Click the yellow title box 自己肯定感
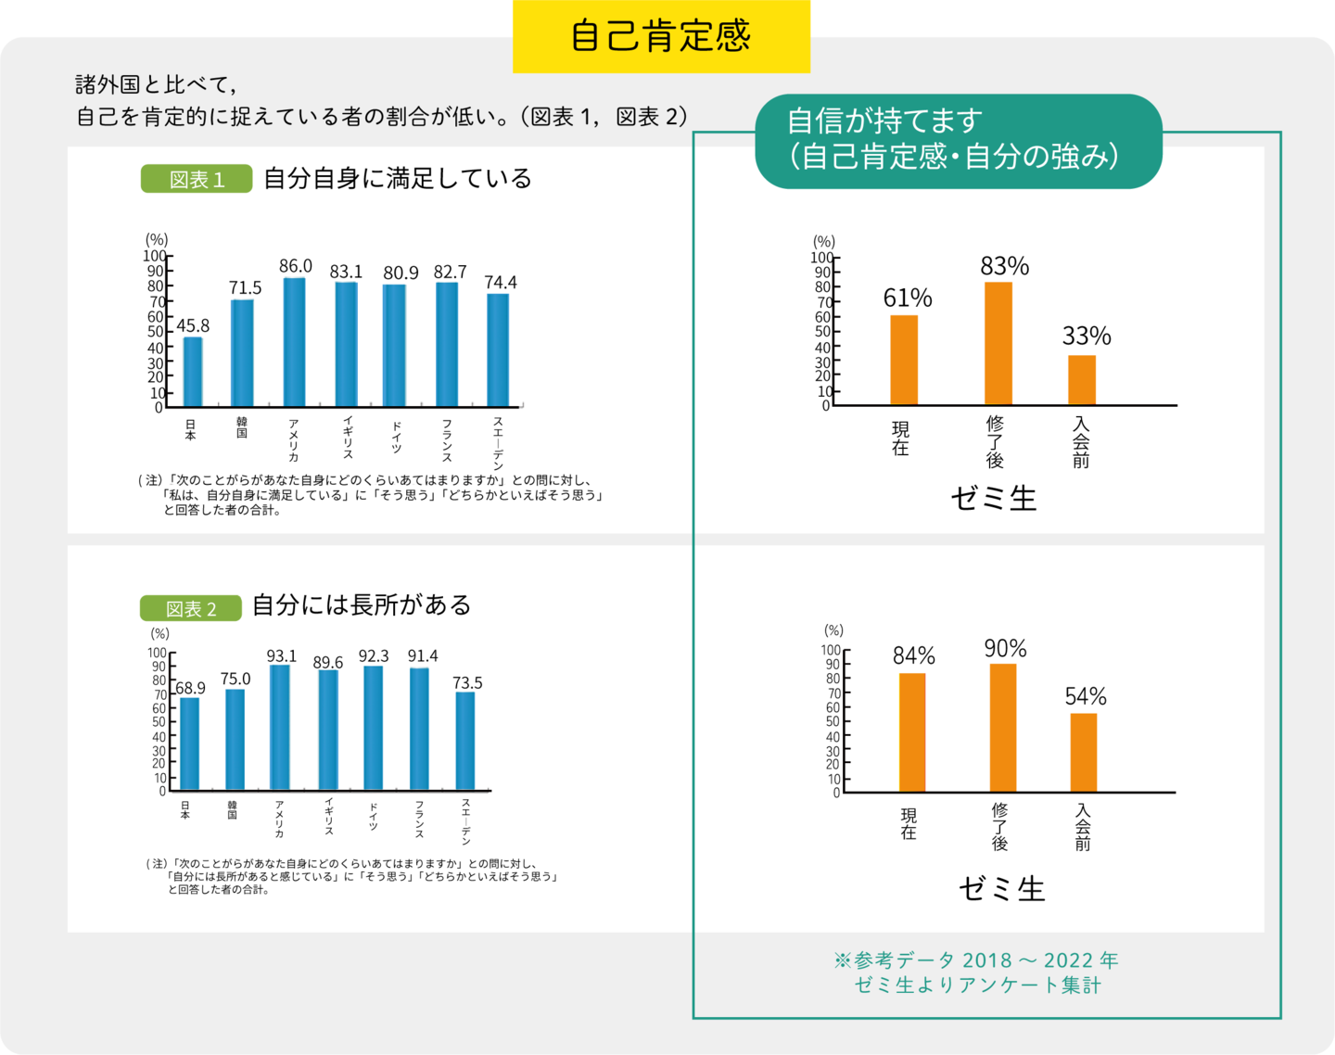[x=661, y=36]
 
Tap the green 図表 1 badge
[x=197, y=179]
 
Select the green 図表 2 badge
[x=191, y=608]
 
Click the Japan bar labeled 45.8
[x=193, y=371]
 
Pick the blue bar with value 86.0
[x=295, y=341]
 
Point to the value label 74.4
[x=501, y=282]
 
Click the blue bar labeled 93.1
[x=280, y=727]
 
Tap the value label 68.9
[x=190, y=688]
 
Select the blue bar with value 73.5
[x=465, y=741]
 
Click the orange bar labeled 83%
[x=998, y=343]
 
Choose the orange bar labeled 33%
[x=1082, y=380]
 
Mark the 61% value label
[x=908, y=298]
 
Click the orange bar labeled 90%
[x=1003, y=728]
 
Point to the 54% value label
[x=1086, y=696]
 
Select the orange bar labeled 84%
[x=912, y=732]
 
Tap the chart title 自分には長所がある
[x=362, y=605]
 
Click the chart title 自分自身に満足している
[x=398, y=178]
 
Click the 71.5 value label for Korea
[x=246, y=287]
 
